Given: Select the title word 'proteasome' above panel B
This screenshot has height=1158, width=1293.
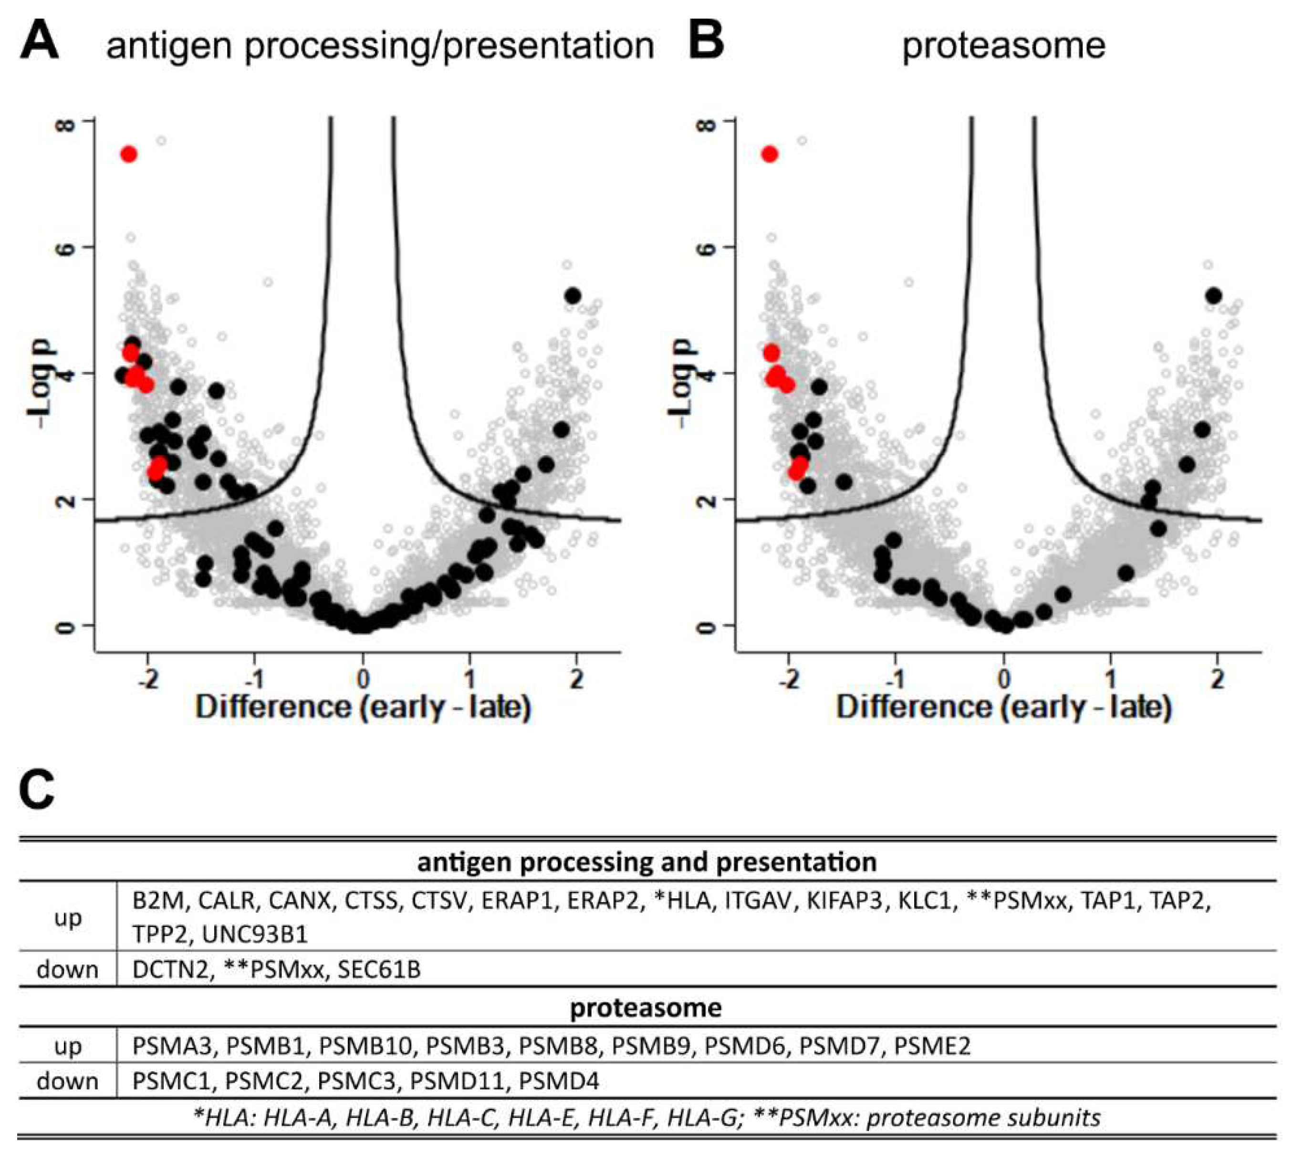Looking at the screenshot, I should (x=1003, y=46).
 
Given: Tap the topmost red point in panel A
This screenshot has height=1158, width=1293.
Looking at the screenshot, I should (x=129, y=155).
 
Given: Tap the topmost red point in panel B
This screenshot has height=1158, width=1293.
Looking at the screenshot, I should (x=770, y=155).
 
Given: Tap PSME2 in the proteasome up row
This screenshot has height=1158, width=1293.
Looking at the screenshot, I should (x=932, y=1047).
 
